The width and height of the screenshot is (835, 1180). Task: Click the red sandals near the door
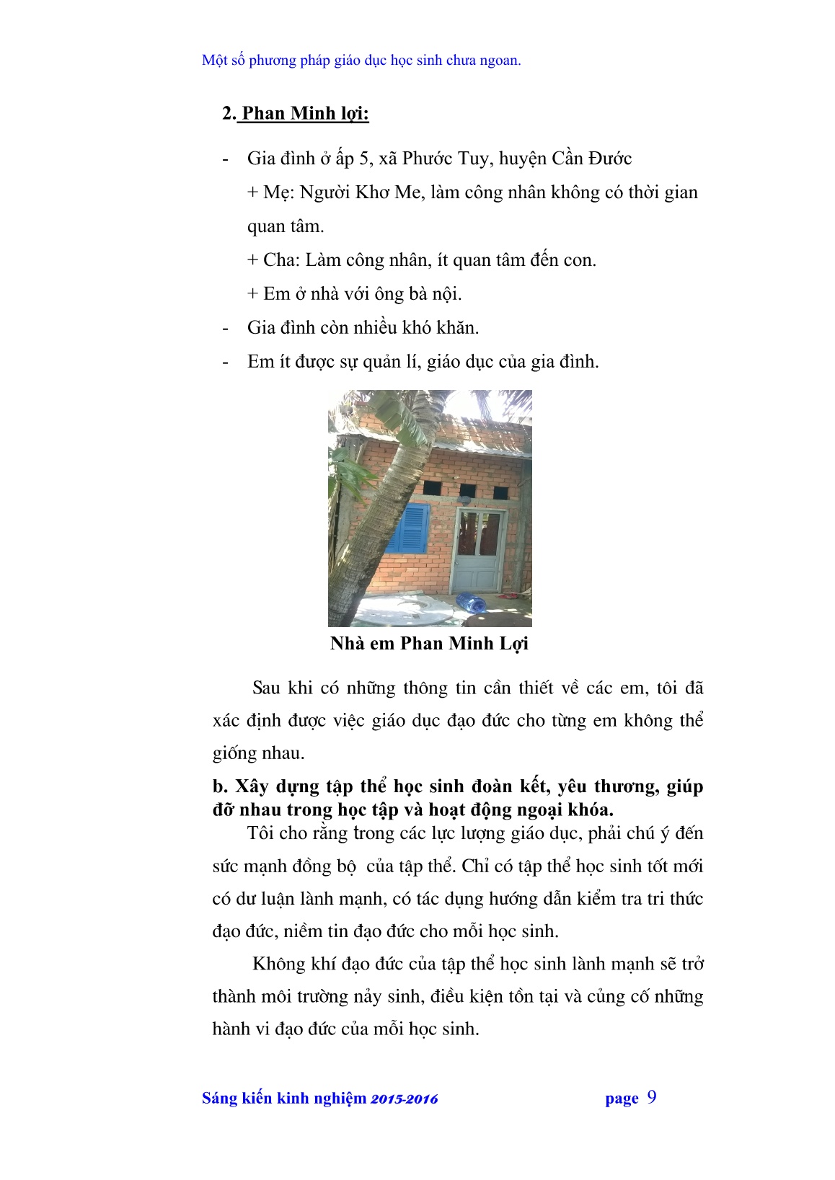[x=511, y=597]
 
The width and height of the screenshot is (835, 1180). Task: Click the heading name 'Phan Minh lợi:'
[x=305, y=113]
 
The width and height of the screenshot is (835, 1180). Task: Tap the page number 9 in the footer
[x=652, y=1097]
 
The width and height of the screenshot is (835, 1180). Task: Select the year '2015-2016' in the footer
[x=405, y=1099]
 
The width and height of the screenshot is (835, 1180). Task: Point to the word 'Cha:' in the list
[x=282, y=260]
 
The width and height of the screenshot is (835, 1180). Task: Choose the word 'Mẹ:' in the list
[x=278, y=192]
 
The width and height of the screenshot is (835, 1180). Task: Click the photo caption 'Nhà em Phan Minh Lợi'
[x=429, y=643]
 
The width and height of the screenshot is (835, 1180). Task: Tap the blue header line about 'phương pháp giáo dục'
[x=361, y=60]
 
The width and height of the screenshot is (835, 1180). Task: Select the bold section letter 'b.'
[x=221, y=786]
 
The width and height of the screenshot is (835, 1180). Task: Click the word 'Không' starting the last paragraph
[x=280, y=964]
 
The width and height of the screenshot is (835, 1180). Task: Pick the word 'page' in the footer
[x=622, y=1099]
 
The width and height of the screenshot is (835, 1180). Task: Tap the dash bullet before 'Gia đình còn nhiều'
[x=226, y=328]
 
